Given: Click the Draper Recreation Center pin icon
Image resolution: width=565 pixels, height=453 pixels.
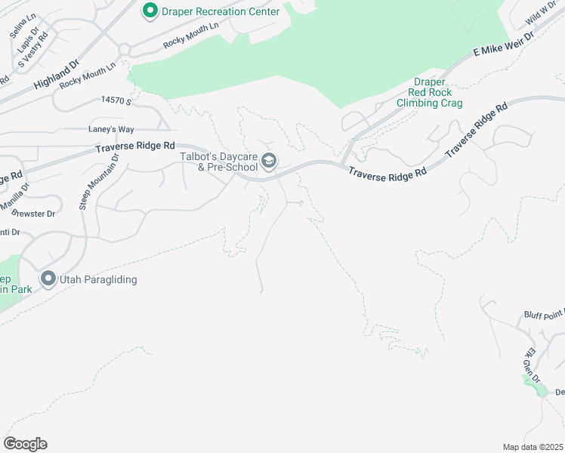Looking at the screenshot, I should [x=150, y=11].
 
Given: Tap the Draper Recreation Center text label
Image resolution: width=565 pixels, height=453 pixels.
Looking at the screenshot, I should [x=219, y=11].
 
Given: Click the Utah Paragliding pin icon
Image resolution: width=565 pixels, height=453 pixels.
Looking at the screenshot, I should [x=48, y=279].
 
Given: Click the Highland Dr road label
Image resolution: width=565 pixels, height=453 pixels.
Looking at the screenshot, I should [x=57, y=76].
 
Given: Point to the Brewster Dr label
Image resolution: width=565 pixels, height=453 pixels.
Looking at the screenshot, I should [x=35, y=214].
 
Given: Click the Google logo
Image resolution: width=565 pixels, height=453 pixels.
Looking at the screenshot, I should [x=25, y=443].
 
